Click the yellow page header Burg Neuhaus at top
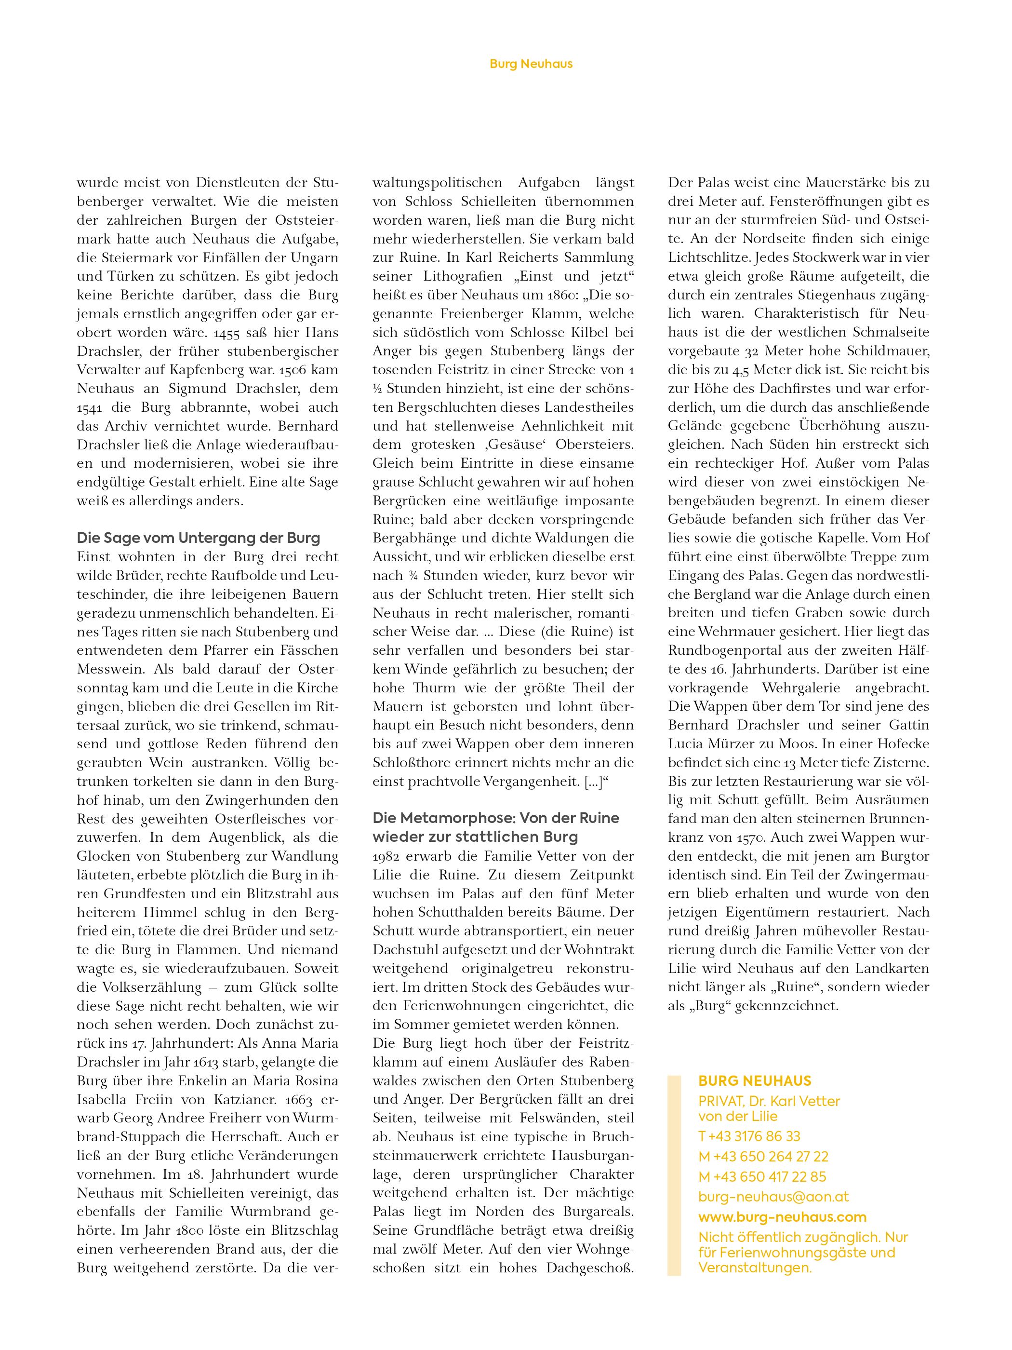click(531, 64)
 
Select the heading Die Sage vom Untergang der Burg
click(198, 538)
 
